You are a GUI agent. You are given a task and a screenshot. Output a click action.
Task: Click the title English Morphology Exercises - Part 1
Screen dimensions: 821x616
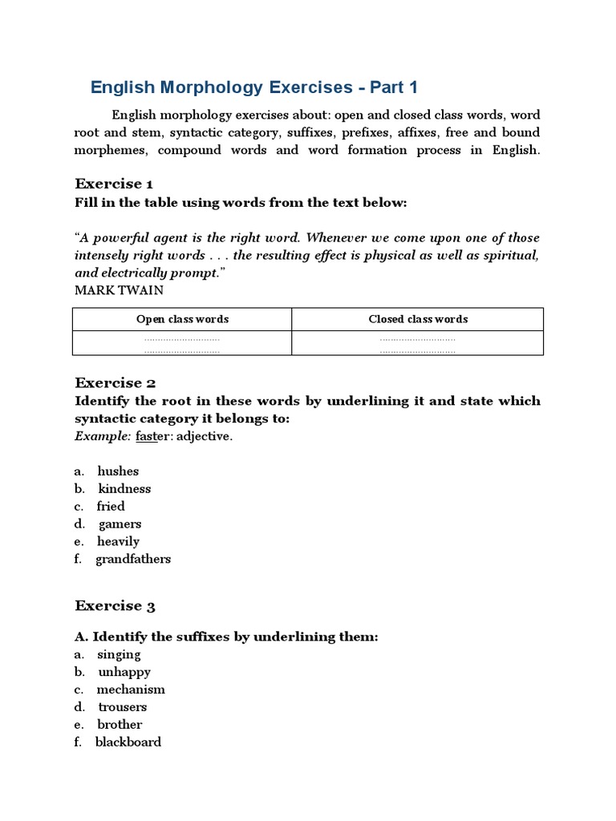tap(254, 87)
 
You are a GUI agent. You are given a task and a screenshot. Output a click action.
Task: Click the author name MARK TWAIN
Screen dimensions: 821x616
tap(119, 290)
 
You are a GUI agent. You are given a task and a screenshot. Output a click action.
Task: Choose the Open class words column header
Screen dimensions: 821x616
tap(182, 319)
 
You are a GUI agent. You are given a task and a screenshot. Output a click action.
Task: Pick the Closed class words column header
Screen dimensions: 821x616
tap(418, 319)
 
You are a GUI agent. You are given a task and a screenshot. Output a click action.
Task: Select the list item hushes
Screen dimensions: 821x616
tap(118, 471)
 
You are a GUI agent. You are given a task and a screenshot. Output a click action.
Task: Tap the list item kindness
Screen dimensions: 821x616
tap(124, 489)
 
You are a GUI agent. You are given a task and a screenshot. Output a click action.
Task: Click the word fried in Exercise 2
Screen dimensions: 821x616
tap(111, 507)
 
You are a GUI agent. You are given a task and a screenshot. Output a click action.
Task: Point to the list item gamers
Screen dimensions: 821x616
tap(120, 524)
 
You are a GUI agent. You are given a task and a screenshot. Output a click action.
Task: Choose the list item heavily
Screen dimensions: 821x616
tap(118, 542)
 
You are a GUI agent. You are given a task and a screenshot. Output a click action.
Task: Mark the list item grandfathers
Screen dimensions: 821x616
tap(133, 560)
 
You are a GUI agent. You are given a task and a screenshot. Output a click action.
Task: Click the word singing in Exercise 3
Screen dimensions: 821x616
tap(119, 655)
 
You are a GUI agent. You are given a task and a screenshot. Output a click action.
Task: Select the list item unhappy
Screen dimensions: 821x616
tap(124, 673)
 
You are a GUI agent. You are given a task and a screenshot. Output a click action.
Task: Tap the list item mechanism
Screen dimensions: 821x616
tap(131, 690)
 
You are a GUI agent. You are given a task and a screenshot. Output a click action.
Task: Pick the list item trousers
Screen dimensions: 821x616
tap(123, 707)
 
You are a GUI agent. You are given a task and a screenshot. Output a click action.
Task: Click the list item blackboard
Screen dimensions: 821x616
tap(128, 742)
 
